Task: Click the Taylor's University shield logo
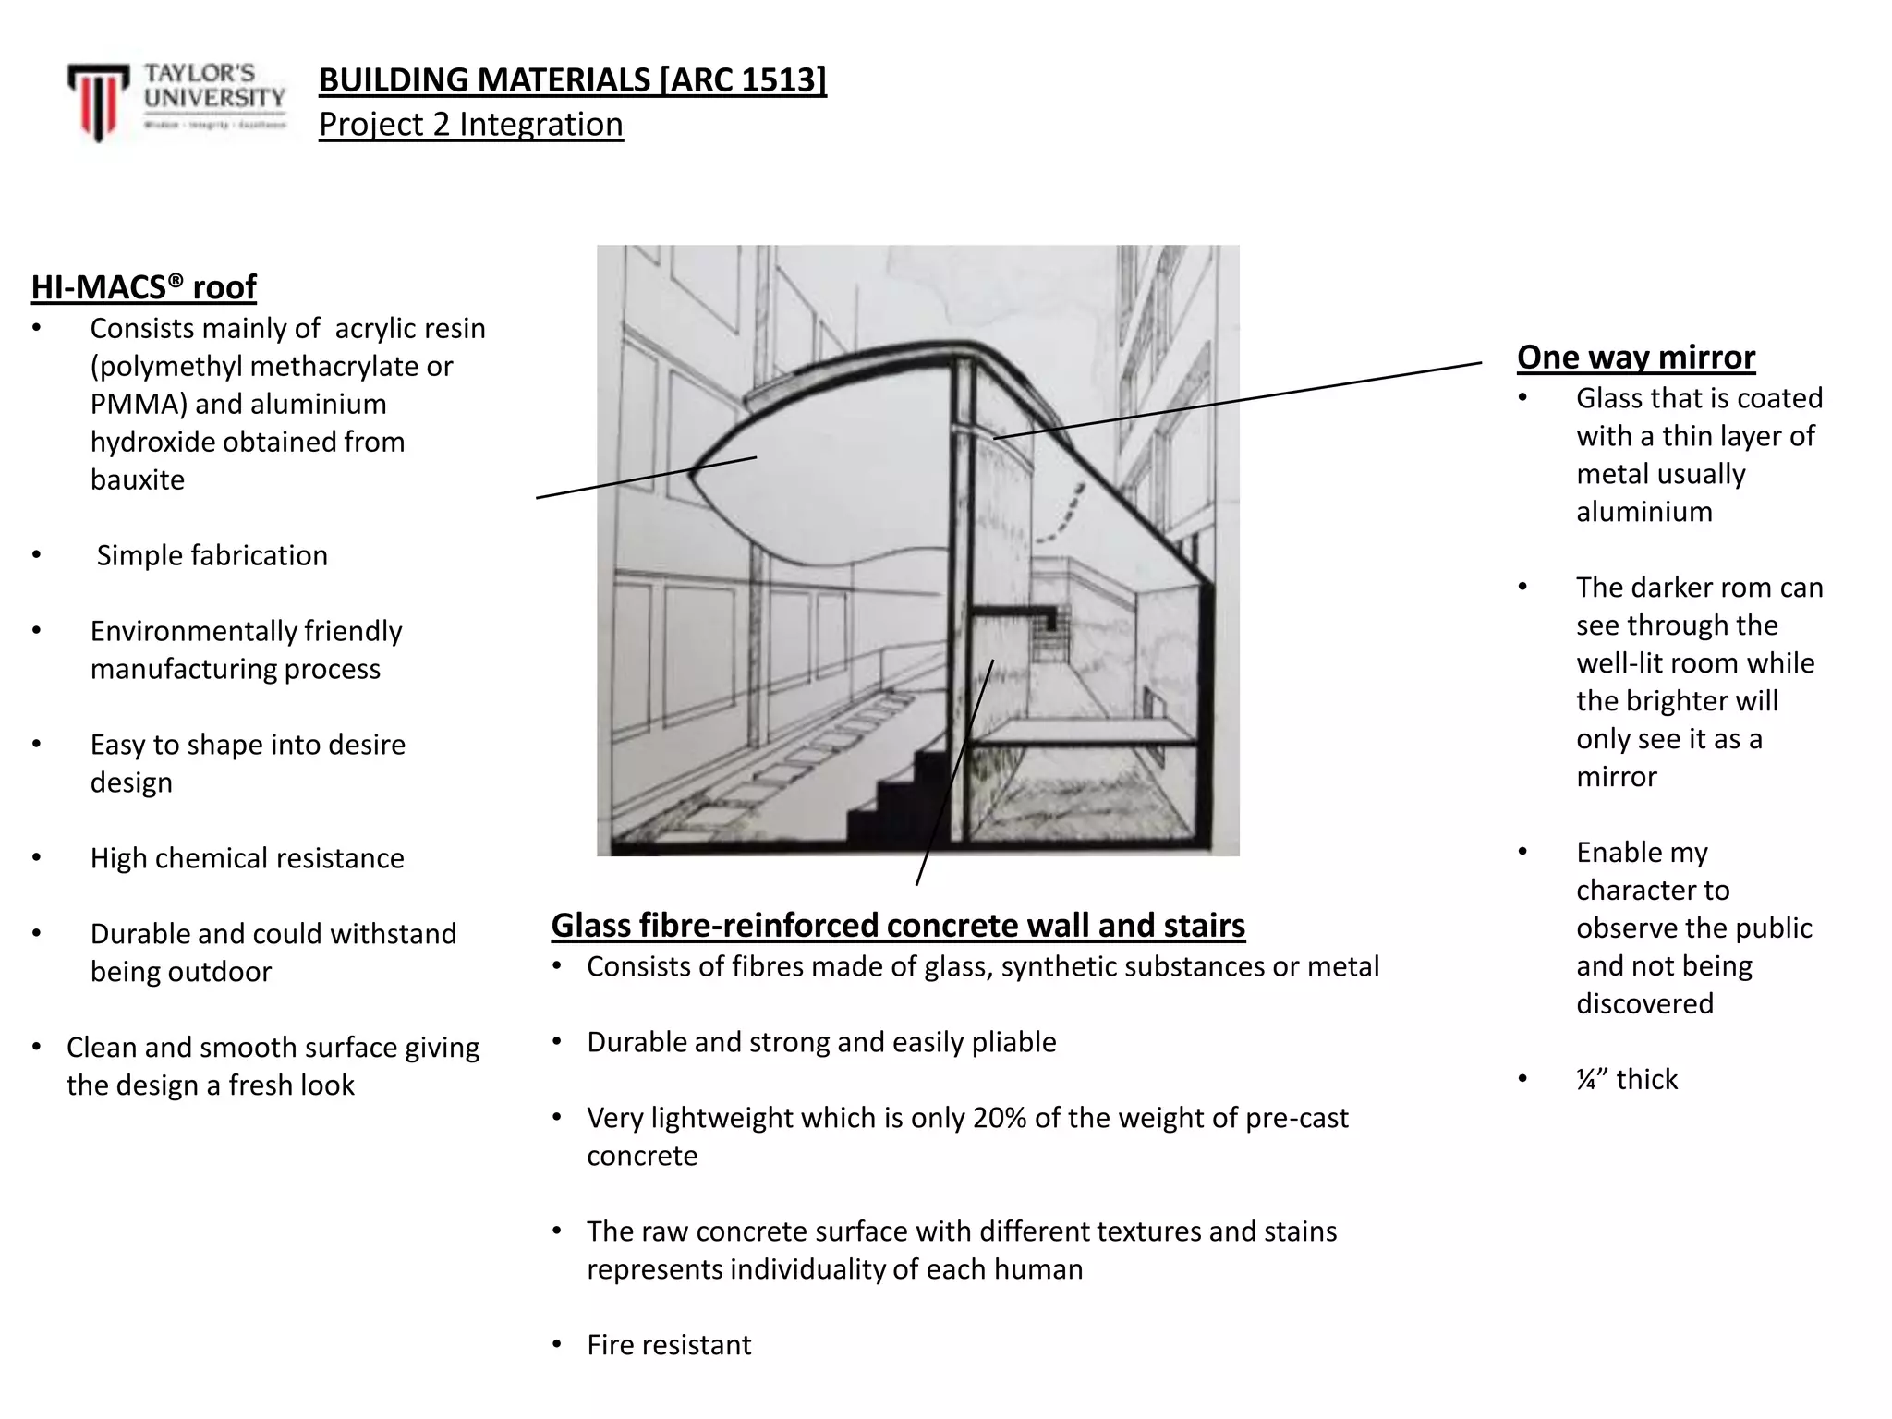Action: coord(97,101)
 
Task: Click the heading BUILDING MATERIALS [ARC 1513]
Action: coord(572,80)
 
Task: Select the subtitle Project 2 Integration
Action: coord(470,125)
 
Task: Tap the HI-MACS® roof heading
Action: coord(143,287)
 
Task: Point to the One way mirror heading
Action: coord(1635,358)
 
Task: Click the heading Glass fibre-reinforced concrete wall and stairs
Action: coord(898,926)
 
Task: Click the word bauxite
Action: coord(138,480)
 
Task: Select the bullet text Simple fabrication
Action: coord(212,556)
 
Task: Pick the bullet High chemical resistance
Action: coord(247,859)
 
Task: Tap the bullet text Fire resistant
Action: coord(669,1346)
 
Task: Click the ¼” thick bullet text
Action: coord(1626,1080)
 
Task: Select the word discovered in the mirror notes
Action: coord(1644,1004)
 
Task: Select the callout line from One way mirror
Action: coord(1238,399)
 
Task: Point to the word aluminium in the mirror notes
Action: coord(1644,513)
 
